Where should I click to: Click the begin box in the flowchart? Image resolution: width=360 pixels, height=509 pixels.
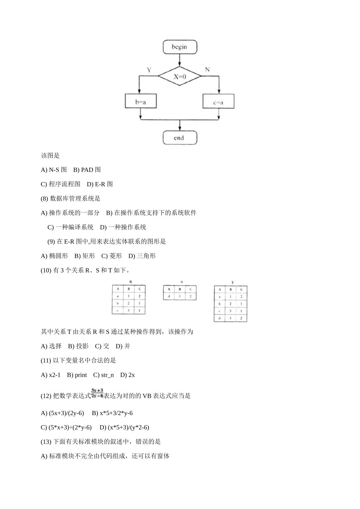click(x=180, y=47)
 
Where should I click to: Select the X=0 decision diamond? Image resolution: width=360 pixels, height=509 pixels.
click(x=180, y=77)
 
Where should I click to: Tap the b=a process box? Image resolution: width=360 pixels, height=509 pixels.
click(x=141, y=101)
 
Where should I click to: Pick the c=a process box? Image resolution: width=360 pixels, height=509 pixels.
click(x=218, y=101)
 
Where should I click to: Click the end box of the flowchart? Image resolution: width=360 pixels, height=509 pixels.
click(x=180, y=138)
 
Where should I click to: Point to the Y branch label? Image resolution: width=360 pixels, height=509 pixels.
click(x=149, y=70)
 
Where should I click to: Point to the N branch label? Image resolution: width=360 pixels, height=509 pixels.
click(x=207, y=69)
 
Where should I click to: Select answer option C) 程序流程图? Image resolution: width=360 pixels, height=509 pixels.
click(x=61, y=184)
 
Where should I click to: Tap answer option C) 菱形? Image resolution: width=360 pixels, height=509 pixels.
click(x=111, y=256)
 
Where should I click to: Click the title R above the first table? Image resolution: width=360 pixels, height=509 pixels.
click(x=131, y=282)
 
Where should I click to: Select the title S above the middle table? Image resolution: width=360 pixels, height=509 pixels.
click(x=182, y=282)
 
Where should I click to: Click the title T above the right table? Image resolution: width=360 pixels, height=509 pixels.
click(x=232, y=283)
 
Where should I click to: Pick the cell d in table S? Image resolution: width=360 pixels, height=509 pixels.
click(x=169, y=296)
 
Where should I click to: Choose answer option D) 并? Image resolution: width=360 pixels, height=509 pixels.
click(x=123, y=346)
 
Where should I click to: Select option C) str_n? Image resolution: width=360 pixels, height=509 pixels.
click(x=103, y=375)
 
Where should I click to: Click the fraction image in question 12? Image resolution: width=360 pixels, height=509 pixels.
click(x=97, y=393)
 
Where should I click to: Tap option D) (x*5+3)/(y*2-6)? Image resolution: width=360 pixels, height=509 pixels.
click(x=124, y=427)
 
